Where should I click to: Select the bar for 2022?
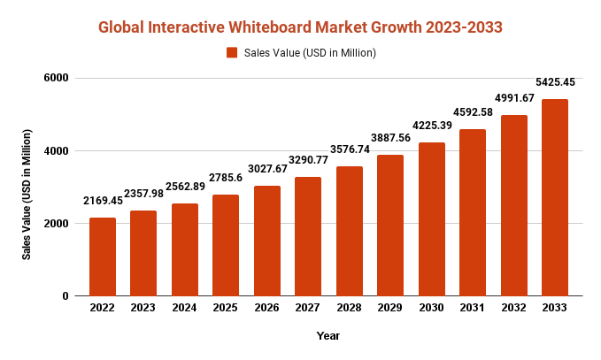[x=102, y=257]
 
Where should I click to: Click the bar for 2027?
[x=308, y=236]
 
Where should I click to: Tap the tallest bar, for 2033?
[x=555, y=197]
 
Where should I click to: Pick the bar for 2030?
[x=432, y=218]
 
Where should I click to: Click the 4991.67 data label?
[x=515, y=98]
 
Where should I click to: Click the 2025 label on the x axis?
[x=226, y=308]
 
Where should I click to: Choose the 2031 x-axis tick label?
[x=473, y=308]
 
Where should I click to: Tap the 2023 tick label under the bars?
[x=143, y=308]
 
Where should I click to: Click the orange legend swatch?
[x=232, y=53]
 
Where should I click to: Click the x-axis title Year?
[x=327, y=336]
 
